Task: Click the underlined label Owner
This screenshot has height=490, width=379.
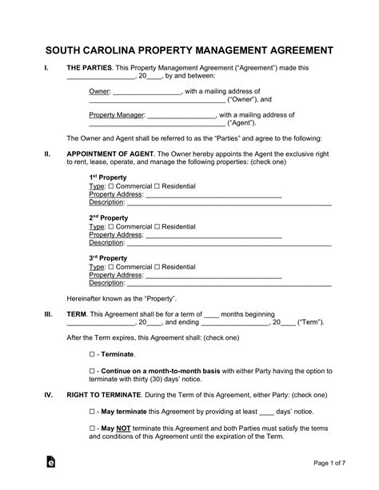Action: (99, 92)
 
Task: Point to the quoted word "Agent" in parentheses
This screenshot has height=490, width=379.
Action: (243, 124)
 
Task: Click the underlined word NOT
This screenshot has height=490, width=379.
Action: (125, 429)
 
